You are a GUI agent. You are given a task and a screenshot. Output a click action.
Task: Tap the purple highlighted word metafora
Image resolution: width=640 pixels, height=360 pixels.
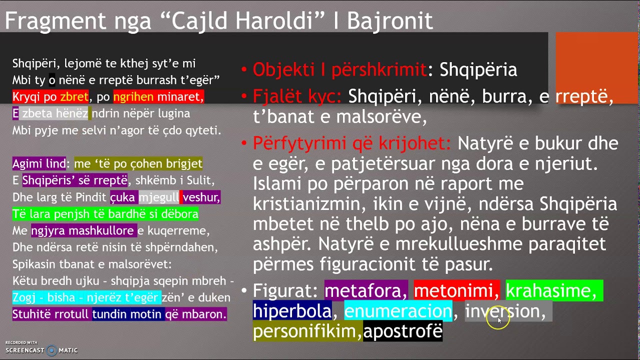coord(366,290)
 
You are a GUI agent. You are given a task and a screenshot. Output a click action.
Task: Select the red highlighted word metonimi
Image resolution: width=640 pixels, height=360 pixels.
coord(456,290)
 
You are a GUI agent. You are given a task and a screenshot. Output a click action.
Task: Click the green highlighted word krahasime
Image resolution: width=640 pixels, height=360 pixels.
coord(553,290)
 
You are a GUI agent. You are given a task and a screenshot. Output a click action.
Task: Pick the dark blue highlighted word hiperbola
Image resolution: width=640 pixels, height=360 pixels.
coord(292,311)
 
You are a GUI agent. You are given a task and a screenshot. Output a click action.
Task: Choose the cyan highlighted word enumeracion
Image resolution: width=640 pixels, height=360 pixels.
coord(398,311)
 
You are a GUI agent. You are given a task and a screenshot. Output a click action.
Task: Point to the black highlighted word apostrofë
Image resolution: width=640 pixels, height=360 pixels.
coord(403,331)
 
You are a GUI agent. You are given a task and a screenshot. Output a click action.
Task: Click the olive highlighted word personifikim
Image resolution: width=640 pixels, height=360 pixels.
coord(307,331)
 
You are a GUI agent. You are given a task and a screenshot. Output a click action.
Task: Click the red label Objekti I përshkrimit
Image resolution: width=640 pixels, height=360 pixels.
coord(339,69)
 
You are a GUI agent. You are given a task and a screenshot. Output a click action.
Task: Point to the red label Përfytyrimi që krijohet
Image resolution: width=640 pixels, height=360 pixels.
coord(351,143)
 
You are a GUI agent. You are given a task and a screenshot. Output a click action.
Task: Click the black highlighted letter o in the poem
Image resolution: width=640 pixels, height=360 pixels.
coord(52,80)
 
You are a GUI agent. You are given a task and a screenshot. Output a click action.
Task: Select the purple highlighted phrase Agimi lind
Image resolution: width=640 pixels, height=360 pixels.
coord(39,163)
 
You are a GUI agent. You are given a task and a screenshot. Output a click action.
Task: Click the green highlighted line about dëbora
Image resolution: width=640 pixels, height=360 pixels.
coord(105,214)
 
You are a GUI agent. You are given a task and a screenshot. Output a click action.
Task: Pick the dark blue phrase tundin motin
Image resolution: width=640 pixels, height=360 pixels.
coord(127,314)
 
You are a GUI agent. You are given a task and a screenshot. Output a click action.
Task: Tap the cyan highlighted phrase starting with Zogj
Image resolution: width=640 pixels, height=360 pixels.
coord(86,297)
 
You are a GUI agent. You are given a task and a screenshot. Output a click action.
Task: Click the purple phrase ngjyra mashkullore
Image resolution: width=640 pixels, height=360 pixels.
coord(83,230)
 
